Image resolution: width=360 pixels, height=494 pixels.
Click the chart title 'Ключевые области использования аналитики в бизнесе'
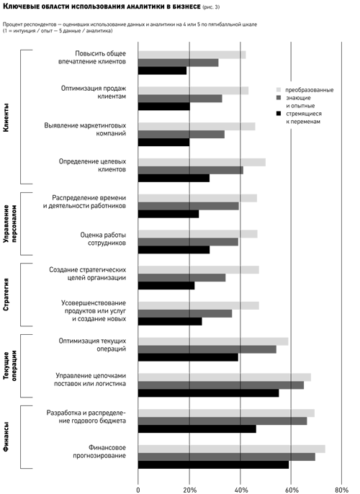tap(102, 6)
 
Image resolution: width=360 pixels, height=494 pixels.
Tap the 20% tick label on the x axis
tap(189, 490)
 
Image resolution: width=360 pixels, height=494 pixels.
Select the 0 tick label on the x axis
tap(138, 490)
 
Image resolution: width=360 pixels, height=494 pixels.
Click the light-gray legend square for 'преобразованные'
tap(279, 90)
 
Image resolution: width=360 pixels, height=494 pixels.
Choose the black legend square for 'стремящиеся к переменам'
tap(279, 114)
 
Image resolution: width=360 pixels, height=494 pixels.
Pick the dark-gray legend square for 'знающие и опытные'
tap(279, 98)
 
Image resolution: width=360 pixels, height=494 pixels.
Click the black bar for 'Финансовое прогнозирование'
tap(214, 464)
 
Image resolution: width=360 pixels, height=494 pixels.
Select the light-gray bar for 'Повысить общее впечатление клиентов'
tap(192, 55)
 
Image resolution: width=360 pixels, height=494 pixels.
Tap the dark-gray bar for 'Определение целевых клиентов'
tap(191, 170)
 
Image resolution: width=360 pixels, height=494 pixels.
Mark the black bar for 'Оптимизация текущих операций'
tap(188, 357)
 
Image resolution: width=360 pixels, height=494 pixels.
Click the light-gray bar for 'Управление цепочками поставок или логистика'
tap(225, 377)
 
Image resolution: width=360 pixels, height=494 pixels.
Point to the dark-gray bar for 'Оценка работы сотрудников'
tap(188, 242)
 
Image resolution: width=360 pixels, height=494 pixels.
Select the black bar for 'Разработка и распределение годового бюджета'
tap(197, 428)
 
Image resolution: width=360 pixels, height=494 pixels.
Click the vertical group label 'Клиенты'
tap(6, 117)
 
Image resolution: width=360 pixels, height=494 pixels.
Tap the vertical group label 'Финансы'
tap(6, 437)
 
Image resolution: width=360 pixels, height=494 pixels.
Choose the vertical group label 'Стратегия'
tap(6, 295)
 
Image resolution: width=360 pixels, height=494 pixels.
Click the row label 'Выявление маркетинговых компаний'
tap(85, 130)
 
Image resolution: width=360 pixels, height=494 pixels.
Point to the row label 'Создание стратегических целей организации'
tap(88, 274)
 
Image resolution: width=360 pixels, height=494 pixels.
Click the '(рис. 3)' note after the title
tap(211, 7)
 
